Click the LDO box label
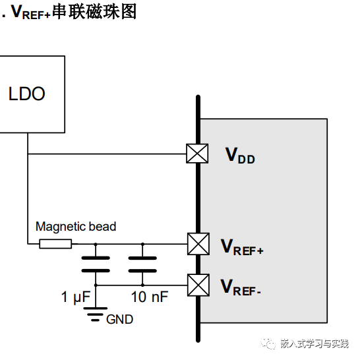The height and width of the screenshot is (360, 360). point(27,94)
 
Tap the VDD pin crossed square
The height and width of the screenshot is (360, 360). point(196,154)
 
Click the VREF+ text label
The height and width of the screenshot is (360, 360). point(242,247)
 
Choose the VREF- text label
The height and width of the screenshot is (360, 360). point(241,287)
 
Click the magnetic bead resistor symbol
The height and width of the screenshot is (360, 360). point(55,244)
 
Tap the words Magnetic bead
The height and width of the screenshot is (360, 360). point(76,227)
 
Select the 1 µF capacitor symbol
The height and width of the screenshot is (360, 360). point(96,264)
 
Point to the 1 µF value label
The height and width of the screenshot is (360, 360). point(75,298)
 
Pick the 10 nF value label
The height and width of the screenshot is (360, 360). point(150,298)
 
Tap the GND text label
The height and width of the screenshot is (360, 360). point(119,320)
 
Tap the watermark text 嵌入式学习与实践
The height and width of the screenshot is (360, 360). point(314,344)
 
